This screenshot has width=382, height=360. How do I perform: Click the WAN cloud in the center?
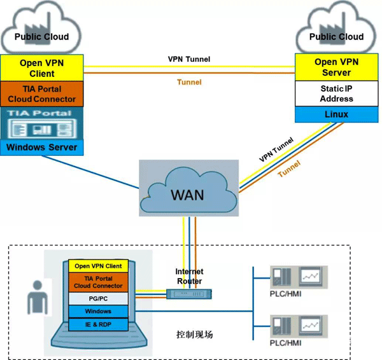click(x=188, y=191)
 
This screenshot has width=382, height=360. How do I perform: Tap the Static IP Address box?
click(x=336, y=93)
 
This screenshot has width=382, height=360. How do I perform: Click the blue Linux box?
click(x=336, y=114)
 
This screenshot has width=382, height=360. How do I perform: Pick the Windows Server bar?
click(x=42, y=148)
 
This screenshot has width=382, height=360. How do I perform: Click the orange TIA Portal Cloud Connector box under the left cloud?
click(x=42, y=94)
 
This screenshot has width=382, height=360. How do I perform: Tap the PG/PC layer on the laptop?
click(x=99, y=298)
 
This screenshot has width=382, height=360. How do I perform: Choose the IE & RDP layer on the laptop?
click(x=99, y=324)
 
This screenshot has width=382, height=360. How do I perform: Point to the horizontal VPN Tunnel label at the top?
click(x=189, y=59)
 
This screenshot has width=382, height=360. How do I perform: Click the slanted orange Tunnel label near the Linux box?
click(x=289, y=168)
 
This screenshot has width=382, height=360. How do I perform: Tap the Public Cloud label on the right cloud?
click(x=336, y=37)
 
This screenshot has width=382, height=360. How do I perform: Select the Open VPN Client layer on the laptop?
click(x=99, y=266)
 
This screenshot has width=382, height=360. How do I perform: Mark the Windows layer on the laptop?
click(x=99, y=311)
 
